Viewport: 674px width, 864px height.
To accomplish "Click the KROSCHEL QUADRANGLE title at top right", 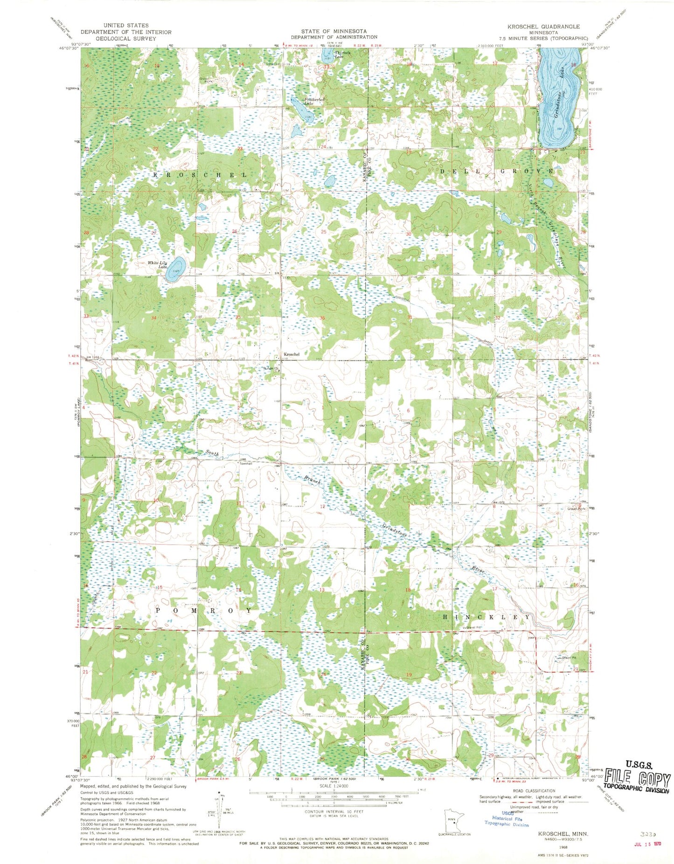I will point(544,27).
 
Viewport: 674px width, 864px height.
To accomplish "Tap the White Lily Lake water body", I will point(175,269).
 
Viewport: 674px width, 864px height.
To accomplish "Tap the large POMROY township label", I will point(203,610).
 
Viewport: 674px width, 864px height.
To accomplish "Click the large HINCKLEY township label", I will point(486,616).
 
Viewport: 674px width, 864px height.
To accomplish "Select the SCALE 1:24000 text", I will point(334,786).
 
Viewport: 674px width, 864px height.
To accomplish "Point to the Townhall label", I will point(246,463).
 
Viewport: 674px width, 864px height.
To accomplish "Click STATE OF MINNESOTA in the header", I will point(334,31).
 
